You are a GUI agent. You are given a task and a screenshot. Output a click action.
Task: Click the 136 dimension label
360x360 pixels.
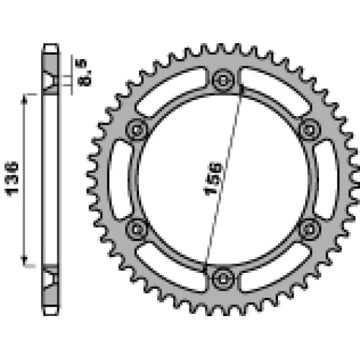12,179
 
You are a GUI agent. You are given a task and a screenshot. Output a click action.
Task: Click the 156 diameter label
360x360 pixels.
212,179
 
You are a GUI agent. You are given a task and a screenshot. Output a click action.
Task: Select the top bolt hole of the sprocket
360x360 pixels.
223,80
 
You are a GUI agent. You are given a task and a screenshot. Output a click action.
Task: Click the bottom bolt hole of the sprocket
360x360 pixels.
223,279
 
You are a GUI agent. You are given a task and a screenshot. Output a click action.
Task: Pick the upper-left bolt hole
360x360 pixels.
137,130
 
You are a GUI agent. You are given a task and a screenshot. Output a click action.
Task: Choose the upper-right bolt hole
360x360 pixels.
310,130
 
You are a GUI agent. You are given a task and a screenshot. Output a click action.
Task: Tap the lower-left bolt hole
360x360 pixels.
137,230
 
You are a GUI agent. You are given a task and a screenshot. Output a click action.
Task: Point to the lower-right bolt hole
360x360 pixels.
310,230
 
